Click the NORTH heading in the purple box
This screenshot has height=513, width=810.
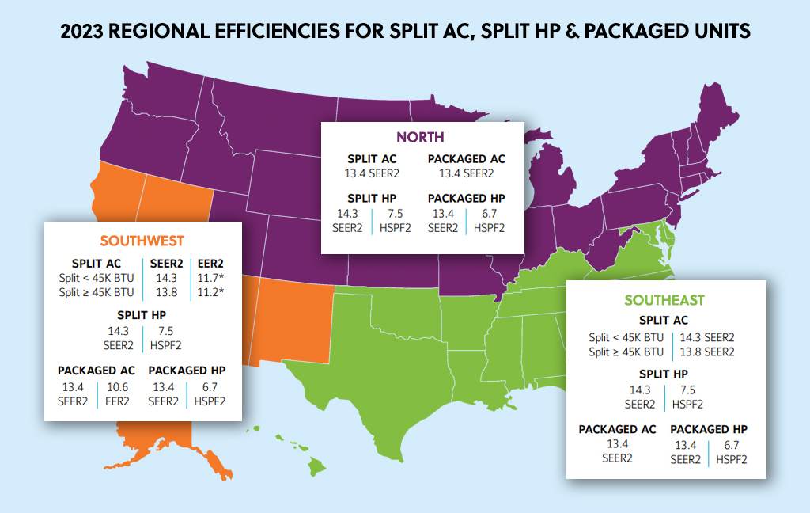[420, 137]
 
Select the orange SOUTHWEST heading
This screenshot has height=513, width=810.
[142, 241]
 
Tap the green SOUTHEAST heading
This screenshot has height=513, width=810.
[664, 300]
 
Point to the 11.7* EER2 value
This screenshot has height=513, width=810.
[210, 278]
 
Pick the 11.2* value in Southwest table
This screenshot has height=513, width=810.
[210, 292]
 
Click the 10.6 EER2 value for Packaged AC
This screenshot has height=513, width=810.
[117, 387]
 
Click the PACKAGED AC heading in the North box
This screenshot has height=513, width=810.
[466, 159]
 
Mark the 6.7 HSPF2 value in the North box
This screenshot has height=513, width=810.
[486, 214]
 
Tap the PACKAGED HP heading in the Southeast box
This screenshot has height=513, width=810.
[709, 429]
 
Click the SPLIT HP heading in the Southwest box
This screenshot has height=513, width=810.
[142, 315]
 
